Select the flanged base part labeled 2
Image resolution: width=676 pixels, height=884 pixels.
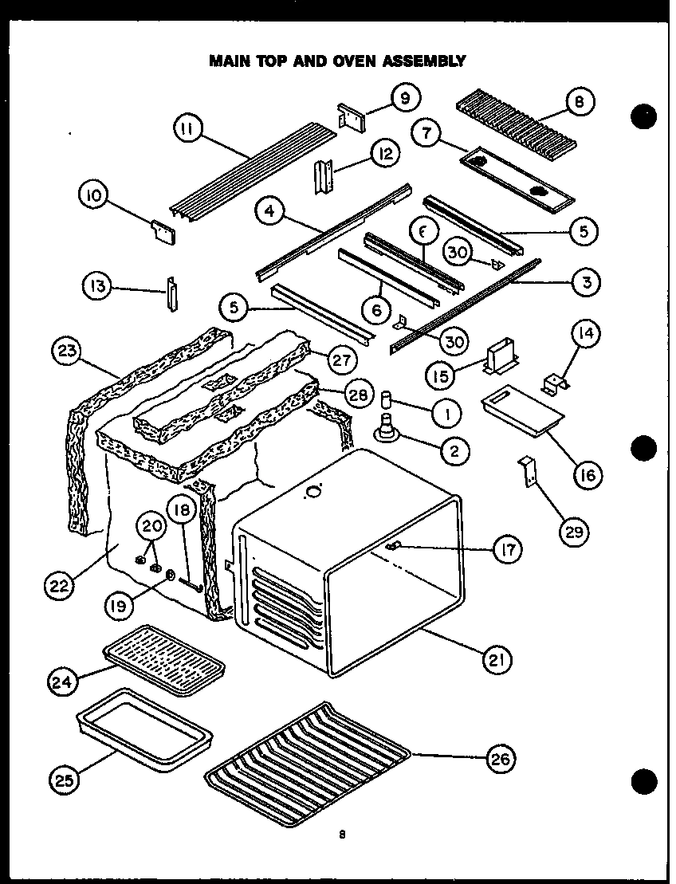(x=389, y=430)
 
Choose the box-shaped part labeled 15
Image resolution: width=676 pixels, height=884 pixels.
(x=499, y=356)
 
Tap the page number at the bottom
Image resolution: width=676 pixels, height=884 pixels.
(x=341, y=835)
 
